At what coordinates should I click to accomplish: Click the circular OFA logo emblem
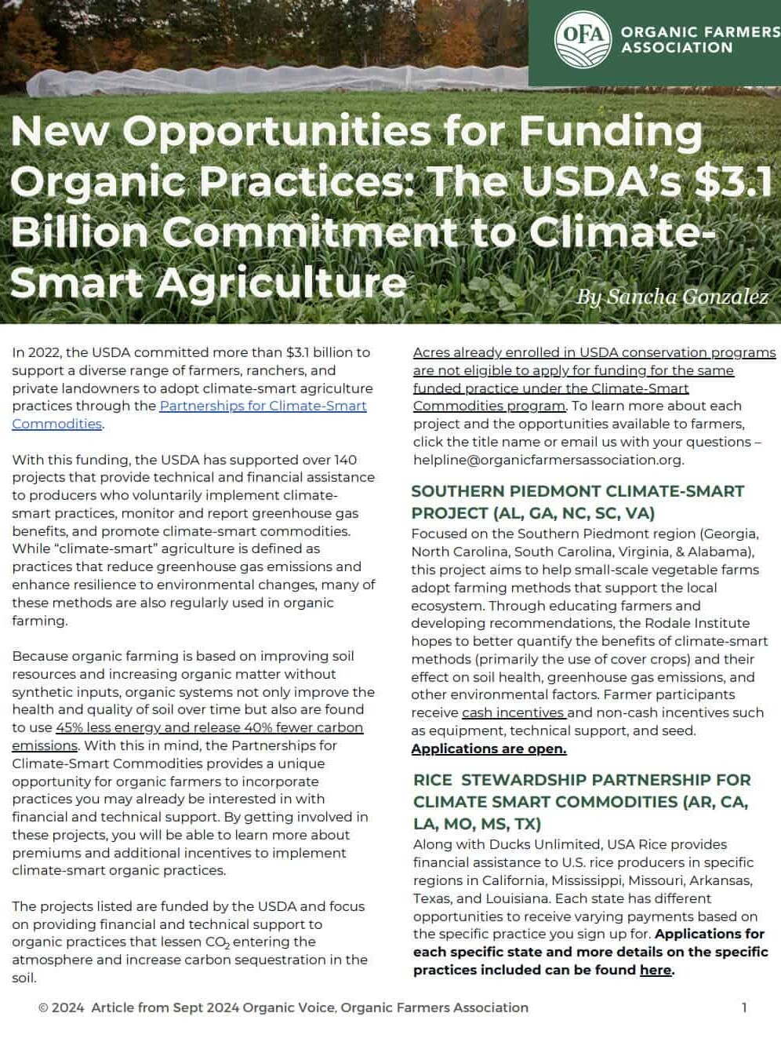582,38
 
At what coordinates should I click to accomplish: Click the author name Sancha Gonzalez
672,297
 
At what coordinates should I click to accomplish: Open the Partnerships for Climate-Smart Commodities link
263,406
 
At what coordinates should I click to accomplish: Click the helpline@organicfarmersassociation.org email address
547,460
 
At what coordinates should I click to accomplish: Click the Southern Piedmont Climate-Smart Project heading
577,501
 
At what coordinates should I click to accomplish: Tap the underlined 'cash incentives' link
514,712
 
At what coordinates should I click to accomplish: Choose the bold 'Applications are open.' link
489,749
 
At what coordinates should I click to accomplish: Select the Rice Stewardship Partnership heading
581,801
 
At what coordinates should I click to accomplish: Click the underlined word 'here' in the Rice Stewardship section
655,970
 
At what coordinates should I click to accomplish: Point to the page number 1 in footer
744,1007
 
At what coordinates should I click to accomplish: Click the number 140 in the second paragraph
345,460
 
